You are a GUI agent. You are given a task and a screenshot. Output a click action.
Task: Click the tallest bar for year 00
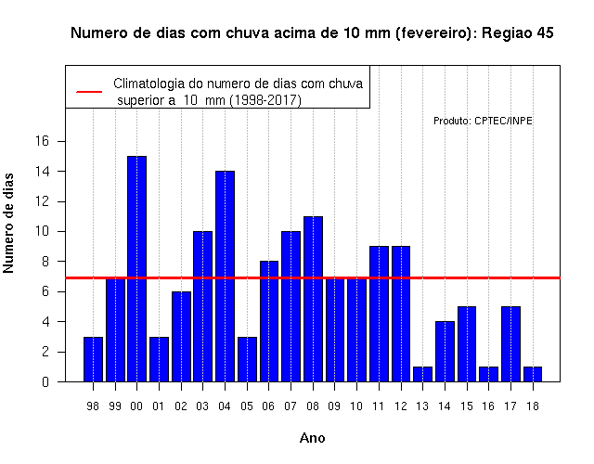[136, 269]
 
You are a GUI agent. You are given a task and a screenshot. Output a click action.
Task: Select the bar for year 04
[225, 277]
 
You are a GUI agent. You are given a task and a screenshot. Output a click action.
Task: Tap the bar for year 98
[93, 359]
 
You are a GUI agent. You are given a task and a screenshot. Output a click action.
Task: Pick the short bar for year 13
[423, 374]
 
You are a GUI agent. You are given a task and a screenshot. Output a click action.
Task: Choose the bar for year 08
[314, 299]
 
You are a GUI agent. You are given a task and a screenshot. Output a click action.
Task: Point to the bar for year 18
[533, 374]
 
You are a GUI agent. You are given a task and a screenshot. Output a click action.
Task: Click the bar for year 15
[467, 344]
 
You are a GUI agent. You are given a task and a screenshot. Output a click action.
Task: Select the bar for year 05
[247, 359]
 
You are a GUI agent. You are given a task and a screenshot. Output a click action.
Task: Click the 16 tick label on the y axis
[42, 141]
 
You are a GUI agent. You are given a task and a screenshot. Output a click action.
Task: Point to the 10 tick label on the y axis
[42, 231]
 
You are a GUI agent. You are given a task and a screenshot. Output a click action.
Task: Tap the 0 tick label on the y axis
[45, 382]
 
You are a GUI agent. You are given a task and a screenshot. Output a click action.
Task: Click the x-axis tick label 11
[379, 406]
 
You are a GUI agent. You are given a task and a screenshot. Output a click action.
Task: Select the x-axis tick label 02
[181, 406]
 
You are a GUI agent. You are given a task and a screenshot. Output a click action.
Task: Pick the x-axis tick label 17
[510, 406]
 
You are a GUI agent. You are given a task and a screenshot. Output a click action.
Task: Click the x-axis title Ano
[313, 438]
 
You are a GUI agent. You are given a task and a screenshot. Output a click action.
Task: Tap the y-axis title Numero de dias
[8, 224]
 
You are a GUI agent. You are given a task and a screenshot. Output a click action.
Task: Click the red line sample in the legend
[89, 92]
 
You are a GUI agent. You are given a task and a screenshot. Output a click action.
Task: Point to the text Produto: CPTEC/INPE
[483, 121]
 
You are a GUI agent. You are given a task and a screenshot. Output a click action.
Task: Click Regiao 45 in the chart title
[518, 33]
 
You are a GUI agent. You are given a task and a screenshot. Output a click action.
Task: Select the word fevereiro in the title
[434, 33]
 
